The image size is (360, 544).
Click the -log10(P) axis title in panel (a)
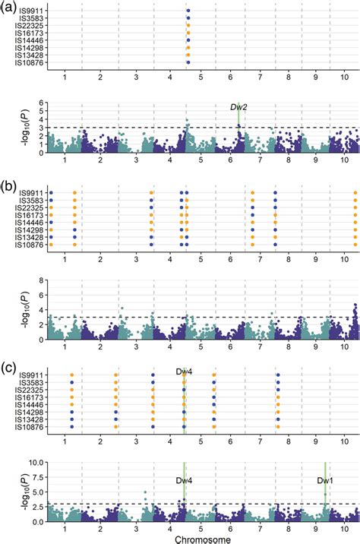10,128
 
